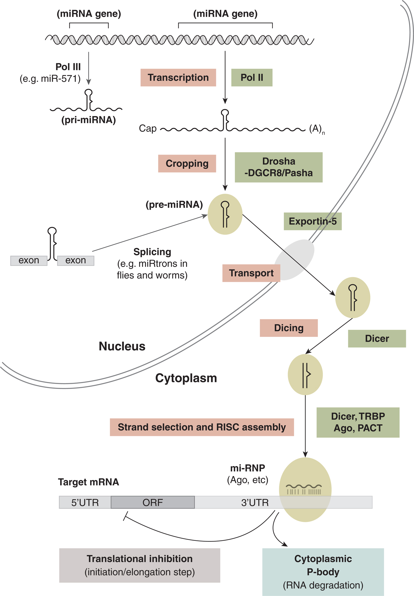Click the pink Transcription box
click(178, 78)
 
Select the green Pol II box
click(252, 78)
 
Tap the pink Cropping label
click(187, 164)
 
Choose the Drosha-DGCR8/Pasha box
click(278, 167)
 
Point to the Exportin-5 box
click(313, 221)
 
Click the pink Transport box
click(251, 273)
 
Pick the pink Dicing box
click(289, 328)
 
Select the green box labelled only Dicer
click(377, 339)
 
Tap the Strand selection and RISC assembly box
click(202, 427)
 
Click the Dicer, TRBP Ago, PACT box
click(358, 422)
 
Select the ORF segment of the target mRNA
click(152, 502)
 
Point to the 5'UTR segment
click(85, 502)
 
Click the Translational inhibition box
click(139, 565)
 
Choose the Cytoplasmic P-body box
click(323, 572)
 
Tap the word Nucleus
click(122, 346)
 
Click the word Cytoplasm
click(186, 378)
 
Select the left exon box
click(29, 260)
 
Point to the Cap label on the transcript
click(148, 129)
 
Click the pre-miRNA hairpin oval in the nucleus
click(225, 214)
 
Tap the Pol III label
click(68, 67)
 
